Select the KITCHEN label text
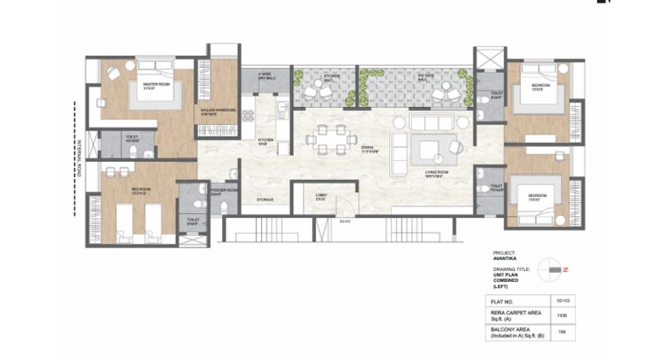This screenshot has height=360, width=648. [x=265, y=141]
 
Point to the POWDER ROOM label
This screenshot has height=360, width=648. [x=224, y=191]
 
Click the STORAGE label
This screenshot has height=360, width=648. [x=265, y=200]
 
